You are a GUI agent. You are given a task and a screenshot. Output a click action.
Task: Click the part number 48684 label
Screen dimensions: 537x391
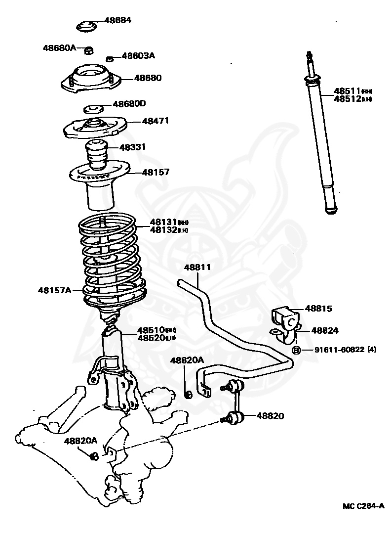click(x=118, y=21)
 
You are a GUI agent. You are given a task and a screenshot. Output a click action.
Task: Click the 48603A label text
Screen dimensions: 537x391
click(x=138, y=56)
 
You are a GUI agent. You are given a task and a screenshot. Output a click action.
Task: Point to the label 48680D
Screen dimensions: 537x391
click(x=129, y=104)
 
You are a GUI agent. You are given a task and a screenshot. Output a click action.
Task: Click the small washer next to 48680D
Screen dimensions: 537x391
click(x=94, y=108)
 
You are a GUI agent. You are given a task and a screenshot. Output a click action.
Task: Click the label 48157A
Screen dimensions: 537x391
click(x=54, y=290)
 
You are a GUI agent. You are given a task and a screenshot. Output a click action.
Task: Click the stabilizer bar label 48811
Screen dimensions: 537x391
click(x=197, y=268)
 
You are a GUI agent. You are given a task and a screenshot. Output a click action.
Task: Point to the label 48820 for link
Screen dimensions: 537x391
click(x=270, y=416)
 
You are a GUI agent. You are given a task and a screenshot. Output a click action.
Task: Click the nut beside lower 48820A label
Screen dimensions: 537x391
click(x=94, y=456)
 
